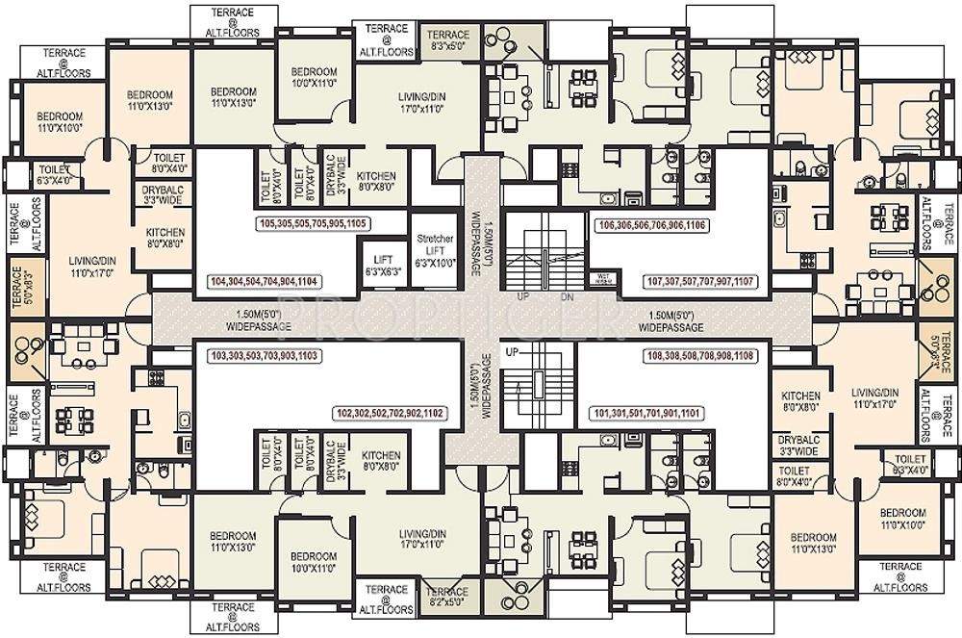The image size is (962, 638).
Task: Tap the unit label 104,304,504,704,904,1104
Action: click(264, 282)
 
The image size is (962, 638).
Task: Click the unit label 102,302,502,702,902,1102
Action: click(390, 413)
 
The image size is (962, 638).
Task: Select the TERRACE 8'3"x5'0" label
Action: click(447, 38)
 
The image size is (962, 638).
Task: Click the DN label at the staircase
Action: click(567, 296)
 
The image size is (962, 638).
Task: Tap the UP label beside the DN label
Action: click(523, 296)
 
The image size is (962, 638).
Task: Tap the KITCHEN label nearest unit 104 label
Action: click(165, 239)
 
